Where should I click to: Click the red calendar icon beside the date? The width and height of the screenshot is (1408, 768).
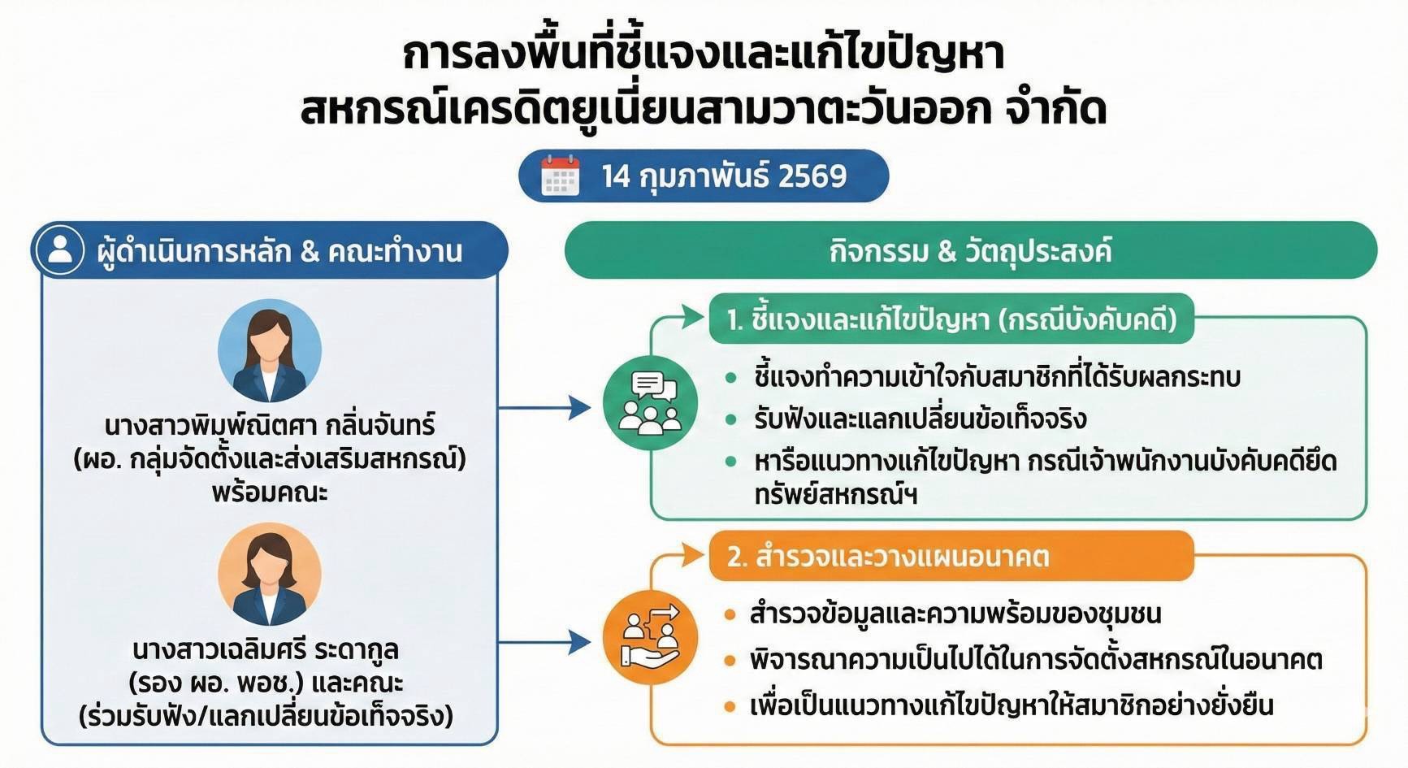click(561, 176)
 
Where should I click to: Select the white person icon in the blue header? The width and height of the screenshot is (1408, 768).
click(60, 249)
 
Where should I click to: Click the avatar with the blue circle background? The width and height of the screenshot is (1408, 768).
click(270, 351)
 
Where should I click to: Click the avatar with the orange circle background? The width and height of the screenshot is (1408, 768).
click(270, 574)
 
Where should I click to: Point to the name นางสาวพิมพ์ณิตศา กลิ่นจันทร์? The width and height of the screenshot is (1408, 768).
click(270, 425)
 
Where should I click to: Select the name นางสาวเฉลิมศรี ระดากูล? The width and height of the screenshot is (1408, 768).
click(266, 649)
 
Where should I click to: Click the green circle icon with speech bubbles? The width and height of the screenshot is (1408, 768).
click(650, 403)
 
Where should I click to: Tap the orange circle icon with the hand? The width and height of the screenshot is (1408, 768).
click(650, 636)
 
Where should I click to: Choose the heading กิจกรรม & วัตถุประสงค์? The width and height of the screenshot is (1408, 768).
click(970, 250)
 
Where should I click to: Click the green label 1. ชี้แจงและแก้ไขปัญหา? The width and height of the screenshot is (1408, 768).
click(951, 319)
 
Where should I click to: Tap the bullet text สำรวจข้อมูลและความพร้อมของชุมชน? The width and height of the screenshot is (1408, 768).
click(955, 614)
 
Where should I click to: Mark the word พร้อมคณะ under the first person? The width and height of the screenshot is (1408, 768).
click(270, 493)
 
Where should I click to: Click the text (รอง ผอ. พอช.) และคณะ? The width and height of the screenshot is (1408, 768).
click(266, 683)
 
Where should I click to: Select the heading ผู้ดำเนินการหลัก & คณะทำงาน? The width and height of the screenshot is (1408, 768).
click(279, 251)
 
